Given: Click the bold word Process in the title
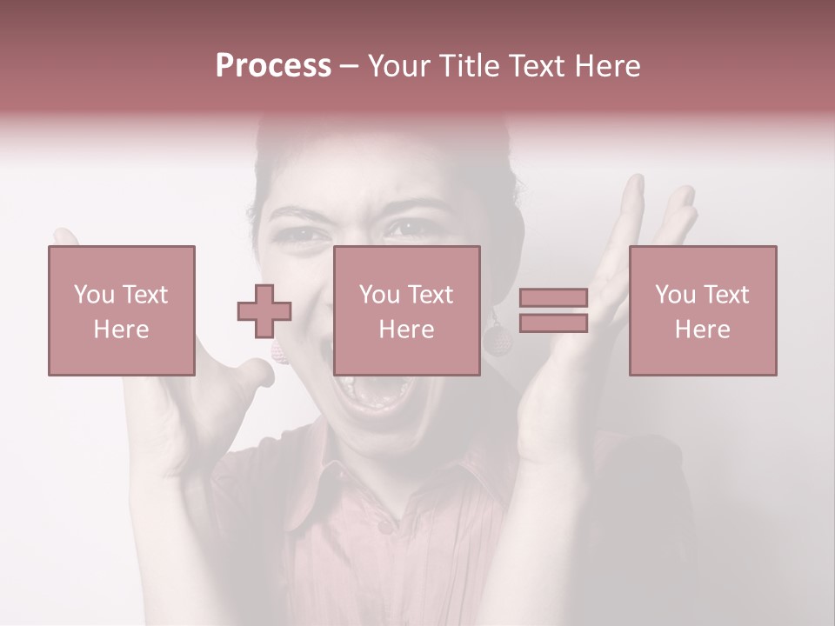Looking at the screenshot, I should tap(273, 66).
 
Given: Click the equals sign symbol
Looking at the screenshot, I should tap(553, 310).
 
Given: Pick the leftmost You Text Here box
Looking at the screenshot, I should tap(122, 310).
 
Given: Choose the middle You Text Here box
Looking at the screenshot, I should tap(407, 310).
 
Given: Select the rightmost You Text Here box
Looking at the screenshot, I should tap(703, 310).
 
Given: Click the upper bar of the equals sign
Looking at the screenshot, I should tap(553, 298).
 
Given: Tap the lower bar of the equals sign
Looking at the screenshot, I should tap(553, 323).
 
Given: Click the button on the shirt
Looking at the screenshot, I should tap(384, 527).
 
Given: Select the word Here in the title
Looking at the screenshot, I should tap(608, 66).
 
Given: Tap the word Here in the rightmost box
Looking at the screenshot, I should tap(703, 330).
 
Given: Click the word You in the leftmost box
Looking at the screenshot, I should tap(92, 295).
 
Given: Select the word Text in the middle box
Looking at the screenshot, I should tap(431, 295).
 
